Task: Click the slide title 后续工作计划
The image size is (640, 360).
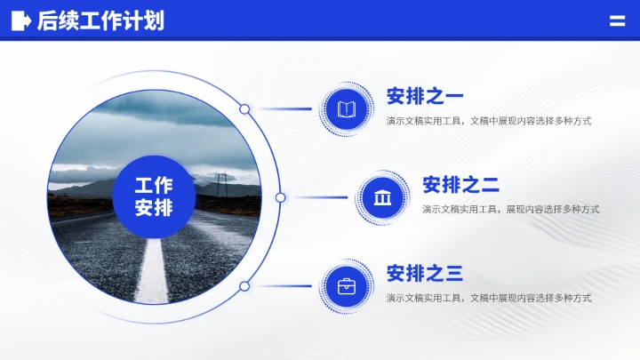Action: (x=100, y=20)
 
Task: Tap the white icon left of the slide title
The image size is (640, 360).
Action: (x=20, y=20)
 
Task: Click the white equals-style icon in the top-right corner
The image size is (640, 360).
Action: (x=617, y=21)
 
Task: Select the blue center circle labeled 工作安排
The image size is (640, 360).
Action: (x=154, y=197)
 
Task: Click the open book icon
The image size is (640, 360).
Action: (x=347, y=109)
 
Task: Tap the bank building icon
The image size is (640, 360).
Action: (x=382, y=197)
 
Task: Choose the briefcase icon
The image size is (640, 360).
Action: (x=347, y=286)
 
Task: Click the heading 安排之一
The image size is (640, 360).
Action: (x=425, y=96)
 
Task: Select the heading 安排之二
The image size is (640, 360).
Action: (x=460, y=185)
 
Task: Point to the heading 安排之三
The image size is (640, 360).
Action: (x=425, y=274)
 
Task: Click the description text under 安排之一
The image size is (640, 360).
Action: (x=489, y=121)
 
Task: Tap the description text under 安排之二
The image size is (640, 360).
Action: (x=510, y=210)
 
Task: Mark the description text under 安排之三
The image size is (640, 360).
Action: (x=489, y=299)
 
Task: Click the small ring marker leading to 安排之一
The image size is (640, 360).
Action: (x=244, y=109)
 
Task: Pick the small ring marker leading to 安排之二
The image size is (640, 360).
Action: (x=280, y=197)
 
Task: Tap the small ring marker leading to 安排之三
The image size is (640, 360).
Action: (x=244, y=286)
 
